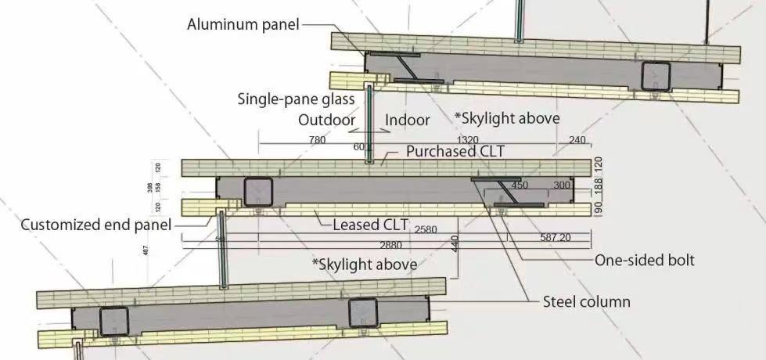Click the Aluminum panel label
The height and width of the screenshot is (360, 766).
pos(243,25)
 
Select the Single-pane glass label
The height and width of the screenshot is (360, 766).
pos(297,99)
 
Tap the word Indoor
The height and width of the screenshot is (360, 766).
pos(407,121)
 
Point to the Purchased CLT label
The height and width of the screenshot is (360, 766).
pos(455,152)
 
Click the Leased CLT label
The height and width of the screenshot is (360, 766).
pos(370,225)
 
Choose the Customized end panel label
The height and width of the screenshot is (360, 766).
pos(95,225)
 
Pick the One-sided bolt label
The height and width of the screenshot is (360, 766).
pos(645,261)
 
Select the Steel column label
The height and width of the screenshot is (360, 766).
pos(586,301)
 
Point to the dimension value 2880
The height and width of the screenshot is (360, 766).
pos(390,246)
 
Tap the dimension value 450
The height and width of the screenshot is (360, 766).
pos(519,185)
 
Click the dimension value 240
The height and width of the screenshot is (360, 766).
pos(577,140)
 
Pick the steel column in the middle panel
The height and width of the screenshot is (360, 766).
pos(257,192)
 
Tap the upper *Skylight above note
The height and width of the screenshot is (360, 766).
pos(507,118)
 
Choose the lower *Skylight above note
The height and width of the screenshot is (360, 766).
pos(364,264)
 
